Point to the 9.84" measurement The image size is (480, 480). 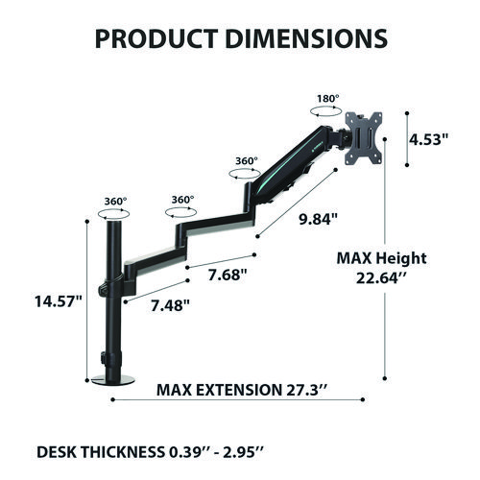317,218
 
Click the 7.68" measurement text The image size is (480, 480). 228,275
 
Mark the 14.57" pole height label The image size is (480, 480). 60,300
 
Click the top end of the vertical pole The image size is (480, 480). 116,226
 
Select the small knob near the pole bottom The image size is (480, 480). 105,363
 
